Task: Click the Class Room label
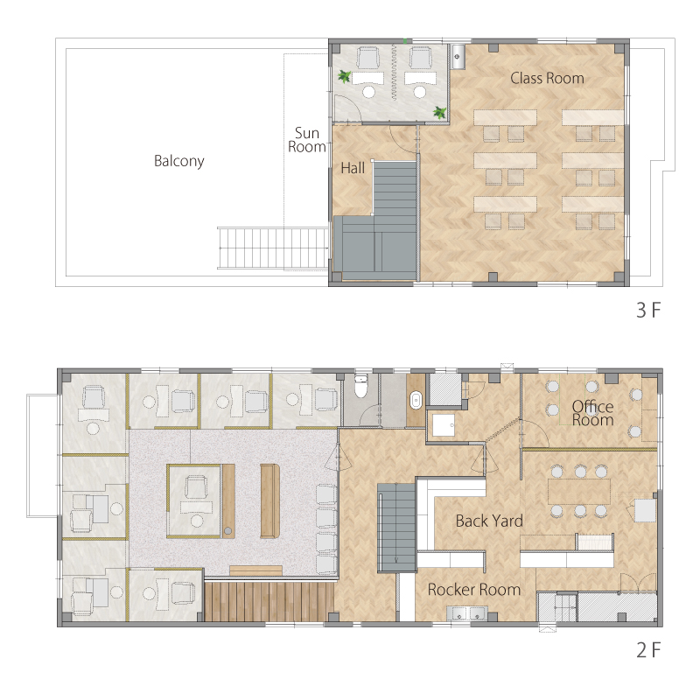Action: (547, 78)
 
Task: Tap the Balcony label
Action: (179, 161)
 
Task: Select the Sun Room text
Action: (307, 140)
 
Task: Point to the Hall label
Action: (353, 168)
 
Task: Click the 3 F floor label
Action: (648, 311)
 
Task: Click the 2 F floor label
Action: (648, 650)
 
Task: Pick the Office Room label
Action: (593, 413)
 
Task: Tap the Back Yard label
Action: (489, 521)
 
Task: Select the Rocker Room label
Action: (474, 590)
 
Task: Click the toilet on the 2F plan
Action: (360, 386)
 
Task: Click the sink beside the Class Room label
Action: (458, 56)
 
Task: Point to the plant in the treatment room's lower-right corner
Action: (440, 112)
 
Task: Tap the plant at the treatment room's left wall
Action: (344, 76)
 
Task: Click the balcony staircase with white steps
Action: (273, 248)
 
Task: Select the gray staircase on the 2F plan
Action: (396, 528)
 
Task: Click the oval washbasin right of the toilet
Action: (416, 400)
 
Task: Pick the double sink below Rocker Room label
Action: (467, 613)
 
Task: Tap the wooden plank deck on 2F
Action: (269, 601)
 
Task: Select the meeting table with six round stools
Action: (579, 492)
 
